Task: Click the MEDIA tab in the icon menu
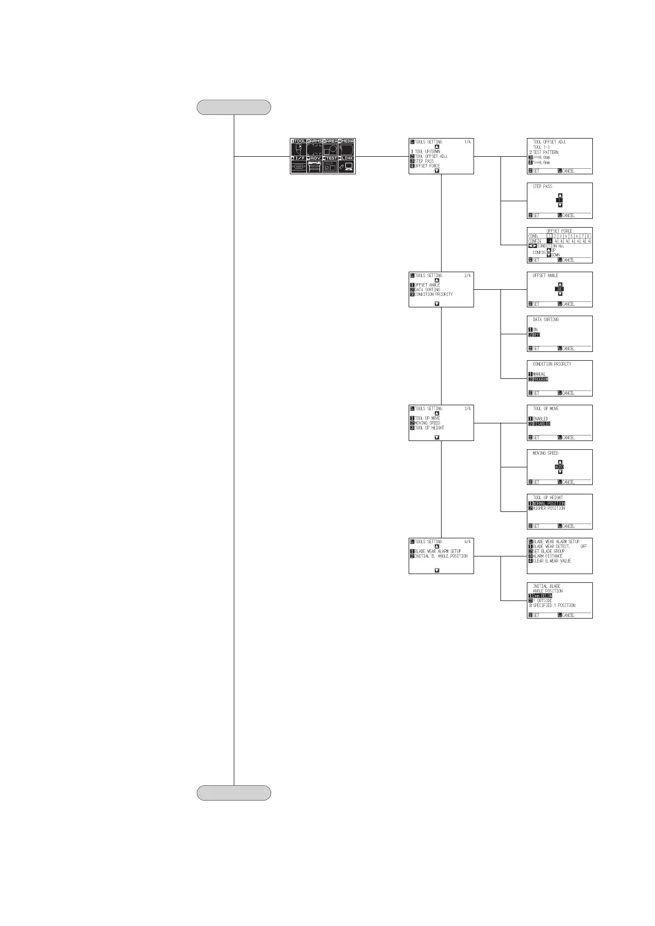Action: pos(348,142)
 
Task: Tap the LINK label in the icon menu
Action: pos(347,158)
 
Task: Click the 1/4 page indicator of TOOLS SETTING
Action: pos(467,142)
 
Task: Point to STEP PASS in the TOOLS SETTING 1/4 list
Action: pos(424,161)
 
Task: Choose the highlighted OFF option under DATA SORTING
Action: pos(536,334)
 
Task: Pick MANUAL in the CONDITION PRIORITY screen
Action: pos(539,374)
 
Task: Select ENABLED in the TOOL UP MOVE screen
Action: pos(540,418)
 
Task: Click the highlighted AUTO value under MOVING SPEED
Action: pos(559,467)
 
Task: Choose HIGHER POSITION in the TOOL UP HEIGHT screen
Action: pos(548,508)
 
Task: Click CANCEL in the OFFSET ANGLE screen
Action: pos(568,304)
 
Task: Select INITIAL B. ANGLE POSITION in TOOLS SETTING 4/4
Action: pos(441,556)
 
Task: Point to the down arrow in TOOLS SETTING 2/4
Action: pos(437,303)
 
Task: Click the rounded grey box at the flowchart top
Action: pos(234,107)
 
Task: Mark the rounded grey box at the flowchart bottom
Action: pos(234,792)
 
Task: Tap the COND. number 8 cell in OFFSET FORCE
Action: pos(588,236)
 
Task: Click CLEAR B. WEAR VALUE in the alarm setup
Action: pos(552,561)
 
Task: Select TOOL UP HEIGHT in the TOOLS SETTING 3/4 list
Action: pos(429,428)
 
